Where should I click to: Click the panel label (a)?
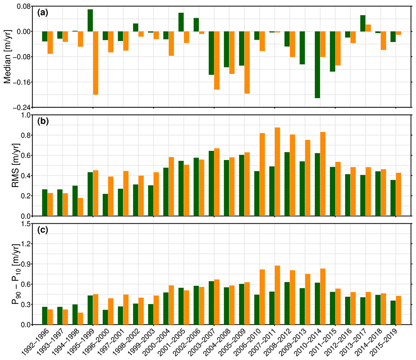tap(42, 13)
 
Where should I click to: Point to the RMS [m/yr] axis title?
tap(8, 166)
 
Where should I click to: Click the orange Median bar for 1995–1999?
tap(96, 63)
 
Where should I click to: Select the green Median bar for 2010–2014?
tap(317, 65)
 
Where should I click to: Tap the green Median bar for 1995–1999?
tap(90, 20)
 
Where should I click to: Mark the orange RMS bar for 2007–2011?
tap(277, 171)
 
